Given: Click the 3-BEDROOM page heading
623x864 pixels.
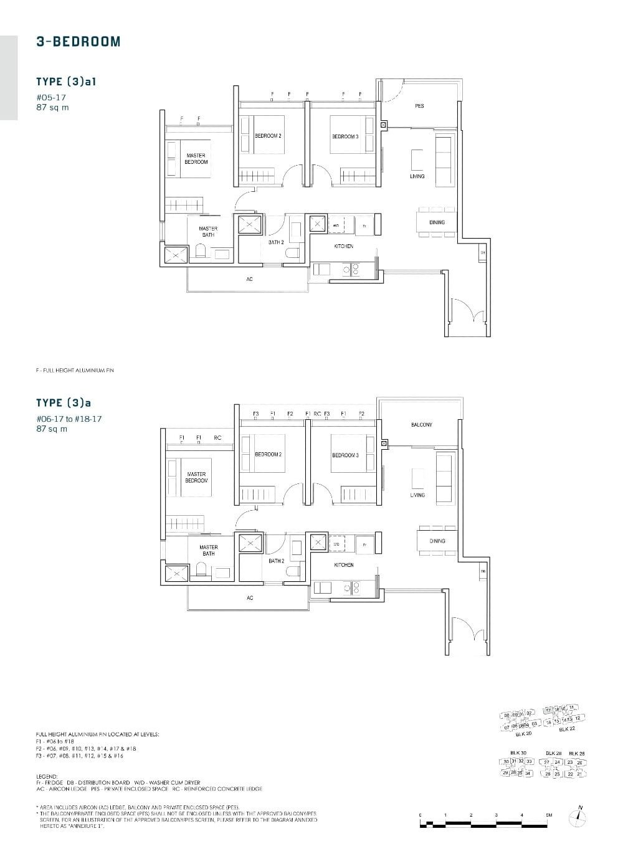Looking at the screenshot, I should click(78, 42).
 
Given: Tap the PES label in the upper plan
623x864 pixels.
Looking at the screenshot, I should click(419, 106).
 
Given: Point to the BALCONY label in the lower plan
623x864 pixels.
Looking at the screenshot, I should click(421, 425).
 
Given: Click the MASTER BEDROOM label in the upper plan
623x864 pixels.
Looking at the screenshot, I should click(196, 159).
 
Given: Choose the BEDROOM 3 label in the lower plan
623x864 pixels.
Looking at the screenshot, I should click(345, 455).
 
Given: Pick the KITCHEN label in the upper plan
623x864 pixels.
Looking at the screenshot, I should click(343, 247).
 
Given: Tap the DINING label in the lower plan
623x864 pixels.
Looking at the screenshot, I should click(437, 541).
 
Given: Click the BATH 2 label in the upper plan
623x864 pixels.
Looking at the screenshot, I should click(276, 242).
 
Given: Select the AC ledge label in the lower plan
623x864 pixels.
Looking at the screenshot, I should click(250, 598).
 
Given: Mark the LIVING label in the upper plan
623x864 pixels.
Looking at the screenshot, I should click(417, 176).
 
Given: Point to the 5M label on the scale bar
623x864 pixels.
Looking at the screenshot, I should click(548, 815).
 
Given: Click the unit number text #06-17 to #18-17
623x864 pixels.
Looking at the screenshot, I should click(69, 419).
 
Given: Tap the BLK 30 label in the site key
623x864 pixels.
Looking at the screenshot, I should click(518, 753).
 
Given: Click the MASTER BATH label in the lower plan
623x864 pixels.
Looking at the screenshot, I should click(208, 550).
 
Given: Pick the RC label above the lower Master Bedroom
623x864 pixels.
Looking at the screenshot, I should click(217, 438).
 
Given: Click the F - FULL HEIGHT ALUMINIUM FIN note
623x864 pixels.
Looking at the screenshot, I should click(75, 371).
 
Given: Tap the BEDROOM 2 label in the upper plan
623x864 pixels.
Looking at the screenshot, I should click(268, 136).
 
